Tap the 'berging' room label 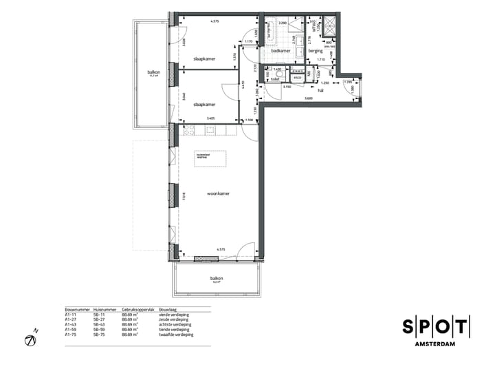[x=316, y=50]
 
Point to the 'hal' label [x=320, y=89]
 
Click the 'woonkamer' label [x=219, y=193]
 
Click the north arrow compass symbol [x=31, y=340]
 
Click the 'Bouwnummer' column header [x=77, y=310]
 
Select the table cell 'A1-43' [x=71, y=324]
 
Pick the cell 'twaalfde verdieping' [x=176, y=335]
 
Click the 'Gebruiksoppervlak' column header [x=136, y=310]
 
